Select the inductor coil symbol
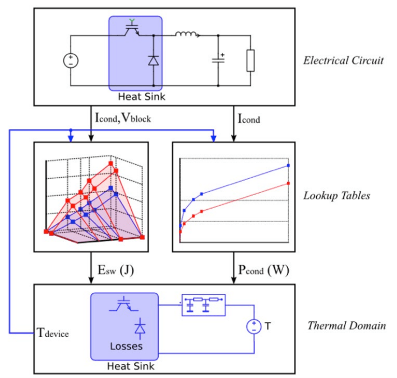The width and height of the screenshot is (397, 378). [186, 36]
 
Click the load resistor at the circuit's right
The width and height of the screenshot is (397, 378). [251, 61]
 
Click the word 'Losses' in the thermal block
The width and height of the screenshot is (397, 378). [126, 346]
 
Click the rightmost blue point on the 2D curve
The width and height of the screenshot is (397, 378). [288, 165]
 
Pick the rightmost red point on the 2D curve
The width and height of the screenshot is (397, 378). [288, 183]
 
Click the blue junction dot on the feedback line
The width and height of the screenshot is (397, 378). [70, 130]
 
